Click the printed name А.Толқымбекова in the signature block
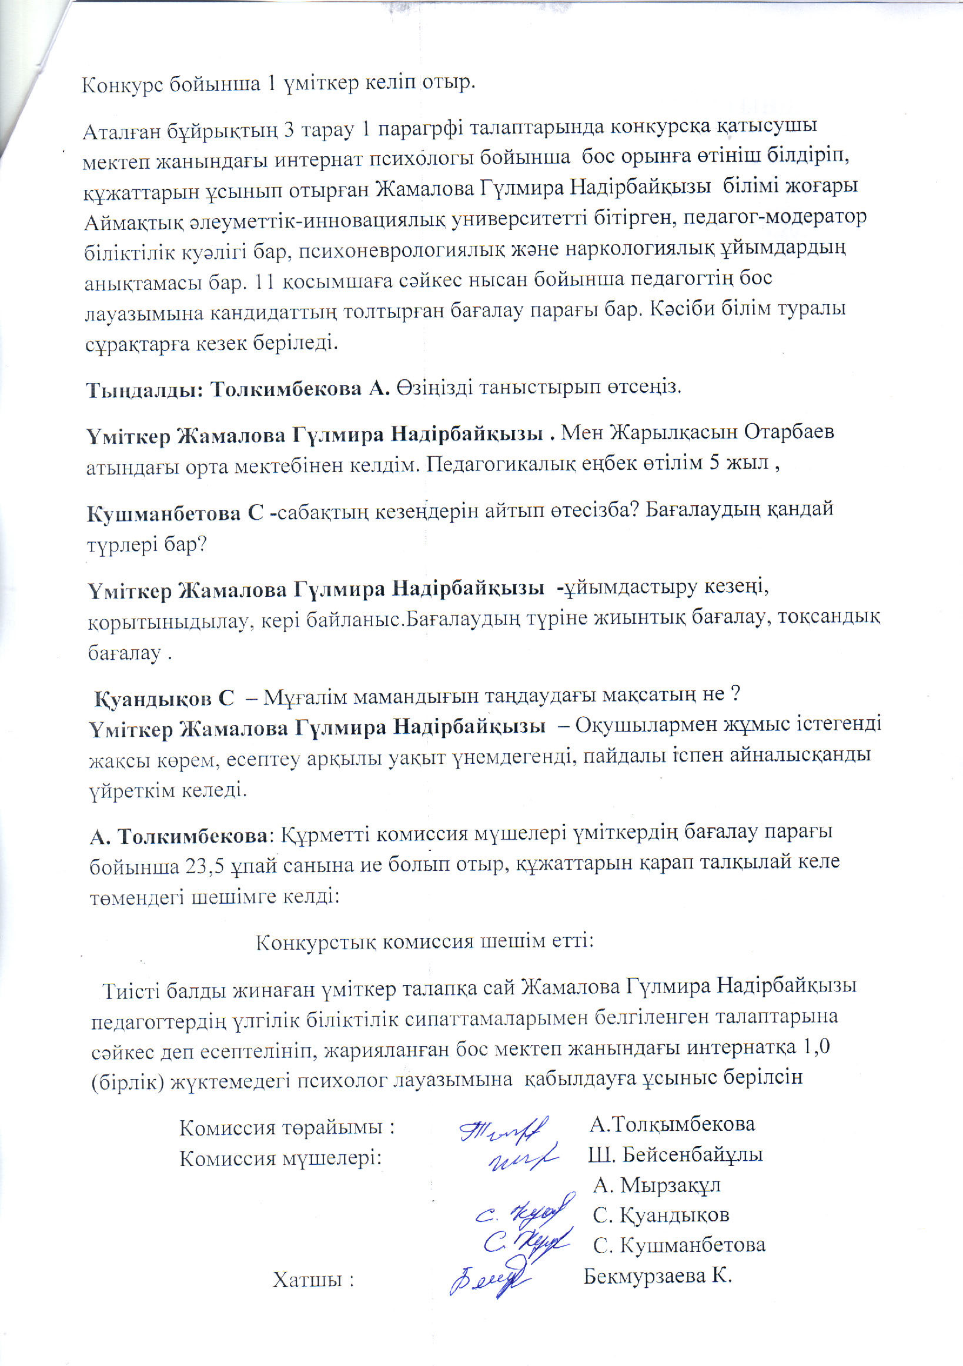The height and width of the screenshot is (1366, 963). pyautogui.click(x=672, y=1124)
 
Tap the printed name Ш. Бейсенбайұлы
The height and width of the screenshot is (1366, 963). pyautogui.click(x=675, y=1155)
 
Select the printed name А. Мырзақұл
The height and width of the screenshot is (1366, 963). pyautogui.click(x=657, y=1185)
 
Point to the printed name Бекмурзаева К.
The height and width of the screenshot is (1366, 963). pyautogui.click(x=657, y=1275)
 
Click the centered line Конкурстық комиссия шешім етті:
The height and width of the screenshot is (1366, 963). pyautogui.click(x=424, y=941)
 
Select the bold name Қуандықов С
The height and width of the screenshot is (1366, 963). pyautogui.click(x=164, y=697)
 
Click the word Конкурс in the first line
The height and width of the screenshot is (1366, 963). pyautogui.click(x=122, y=85)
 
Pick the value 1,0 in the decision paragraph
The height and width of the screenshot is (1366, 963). pyautogui.click(x=816, y=1047)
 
